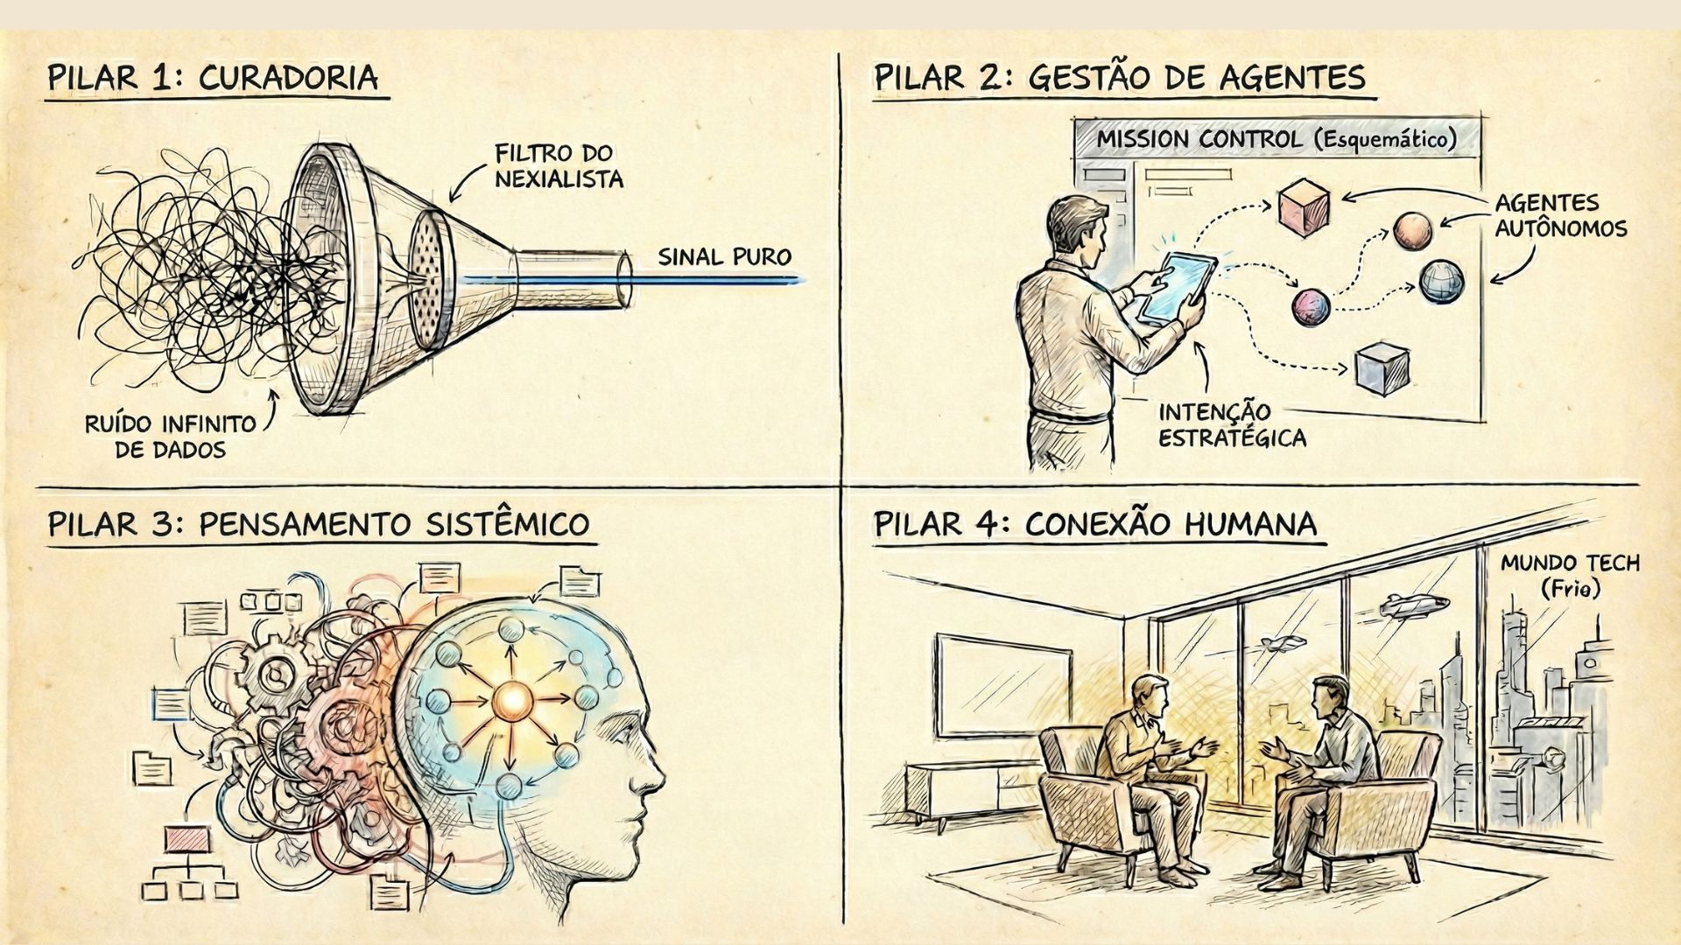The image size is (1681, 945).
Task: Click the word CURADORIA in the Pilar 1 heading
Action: point(288,78)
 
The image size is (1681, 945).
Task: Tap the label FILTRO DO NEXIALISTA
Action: point(559,166)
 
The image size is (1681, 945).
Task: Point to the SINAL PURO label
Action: point(724,256)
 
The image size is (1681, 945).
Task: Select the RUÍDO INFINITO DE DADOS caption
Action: point(171,437)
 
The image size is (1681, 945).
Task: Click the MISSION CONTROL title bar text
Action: point(1277,139)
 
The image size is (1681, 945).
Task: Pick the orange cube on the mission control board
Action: point(1304,206)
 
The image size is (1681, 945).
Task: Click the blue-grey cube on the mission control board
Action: point(1382,368)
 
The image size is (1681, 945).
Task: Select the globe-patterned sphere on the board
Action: point(1441,281)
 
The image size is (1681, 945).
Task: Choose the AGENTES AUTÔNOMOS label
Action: point(1560,215)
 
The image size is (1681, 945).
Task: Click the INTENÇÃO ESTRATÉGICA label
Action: point(1232,424)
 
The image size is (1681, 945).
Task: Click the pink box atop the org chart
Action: point(187,839)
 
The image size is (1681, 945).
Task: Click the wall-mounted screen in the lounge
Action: point(1003,686)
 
